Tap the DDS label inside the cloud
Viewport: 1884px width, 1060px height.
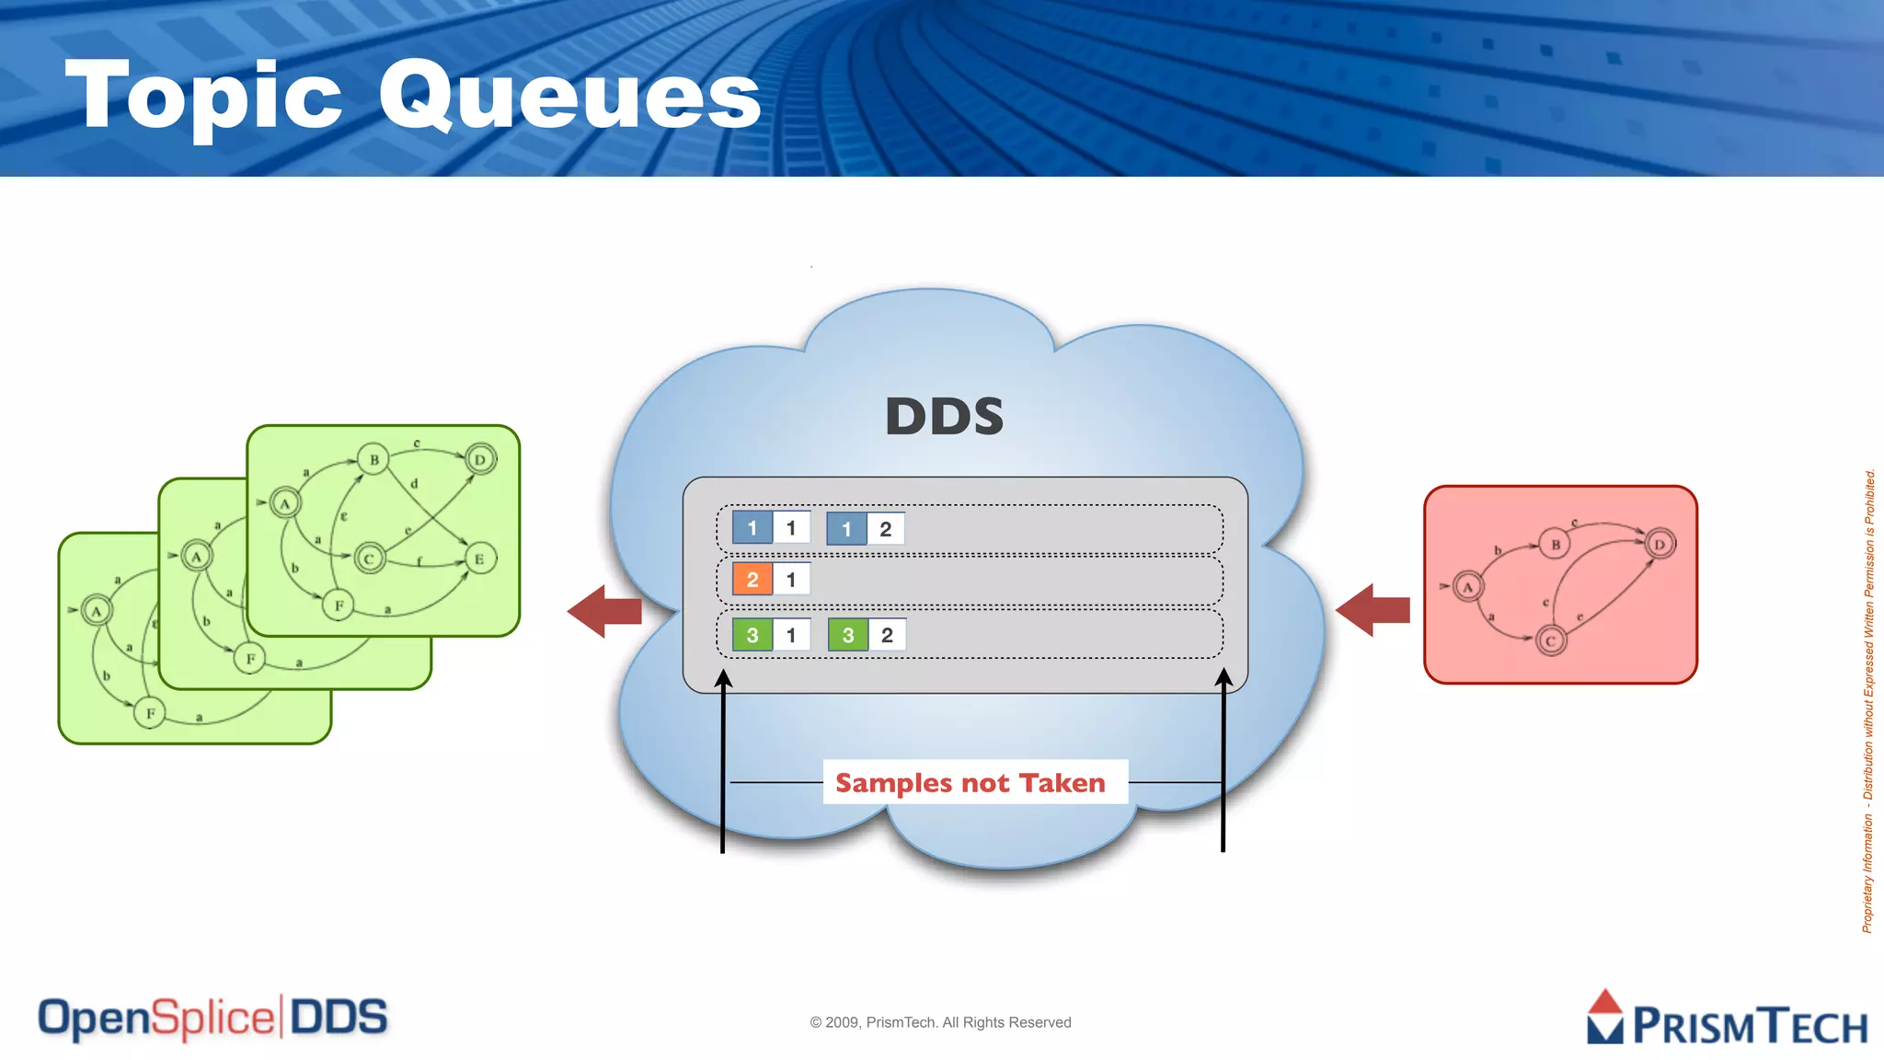pyautogui.click(x=944, y=417)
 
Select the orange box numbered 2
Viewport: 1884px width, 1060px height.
pyautogui.click(x=752, y=580)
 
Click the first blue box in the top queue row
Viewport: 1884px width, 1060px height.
pyautogui.click(x=752, y=528)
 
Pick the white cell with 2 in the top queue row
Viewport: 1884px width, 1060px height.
pyautogui.click(x=886, y=529)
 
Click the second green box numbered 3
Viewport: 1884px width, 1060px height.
pyautogui.click(x=847, y=635)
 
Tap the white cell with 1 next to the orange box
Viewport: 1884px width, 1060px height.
pyautogui.click(x=791, y=580)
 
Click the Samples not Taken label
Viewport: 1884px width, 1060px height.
pyautogui.click(x=971, y=782)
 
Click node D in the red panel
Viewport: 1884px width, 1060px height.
pyautogui.click(x=1660, y=544)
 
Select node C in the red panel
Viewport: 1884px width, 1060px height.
pyautogui.click(x=1550, y=641)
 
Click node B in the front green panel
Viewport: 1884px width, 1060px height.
pyautogui.click(x=373, y=459)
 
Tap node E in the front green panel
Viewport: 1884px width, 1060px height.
pyautogui.click(x=478, y=559)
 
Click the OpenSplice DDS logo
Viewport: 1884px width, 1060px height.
pyautogui.click(x=213, y=1019)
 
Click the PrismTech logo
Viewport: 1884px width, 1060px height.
pyautogui.click(x=1728, y=1020)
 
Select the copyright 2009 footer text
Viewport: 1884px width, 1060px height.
pyautogui.click(x=940, y=1022)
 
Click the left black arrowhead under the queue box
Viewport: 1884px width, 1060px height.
pyautogui.click(x=724, y=679)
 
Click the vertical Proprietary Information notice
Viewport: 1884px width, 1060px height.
pyautogui.click(x=1867, y=699)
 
